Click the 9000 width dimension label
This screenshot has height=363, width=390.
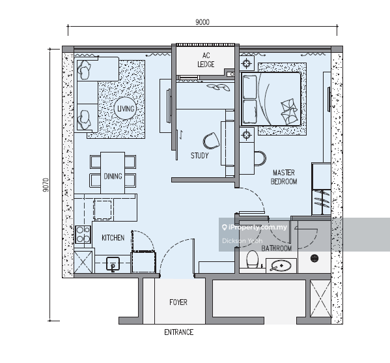202,22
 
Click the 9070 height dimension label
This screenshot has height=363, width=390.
46,184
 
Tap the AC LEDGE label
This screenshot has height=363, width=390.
206,60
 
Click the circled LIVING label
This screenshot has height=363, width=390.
126,109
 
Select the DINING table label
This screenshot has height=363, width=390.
113,176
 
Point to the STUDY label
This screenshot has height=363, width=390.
199,156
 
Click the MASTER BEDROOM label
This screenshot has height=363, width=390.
284,177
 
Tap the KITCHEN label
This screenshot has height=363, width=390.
113,238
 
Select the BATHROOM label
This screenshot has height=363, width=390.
276,248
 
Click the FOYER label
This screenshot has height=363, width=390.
178,302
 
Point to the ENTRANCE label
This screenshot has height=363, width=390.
178,332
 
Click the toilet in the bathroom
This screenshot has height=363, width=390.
252,259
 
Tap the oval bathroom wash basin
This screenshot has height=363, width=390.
281,265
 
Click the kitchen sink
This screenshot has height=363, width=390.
113,264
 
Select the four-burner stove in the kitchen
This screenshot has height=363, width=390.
83,234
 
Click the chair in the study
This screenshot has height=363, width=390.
211,141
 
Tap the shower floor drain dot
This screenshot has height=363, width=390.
314,258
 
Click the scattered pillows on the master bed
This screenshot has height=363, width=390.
289,112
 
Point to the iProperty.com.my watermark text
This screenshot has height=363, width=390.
254,227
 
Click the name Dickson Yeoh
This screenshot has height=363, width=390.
242,240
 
